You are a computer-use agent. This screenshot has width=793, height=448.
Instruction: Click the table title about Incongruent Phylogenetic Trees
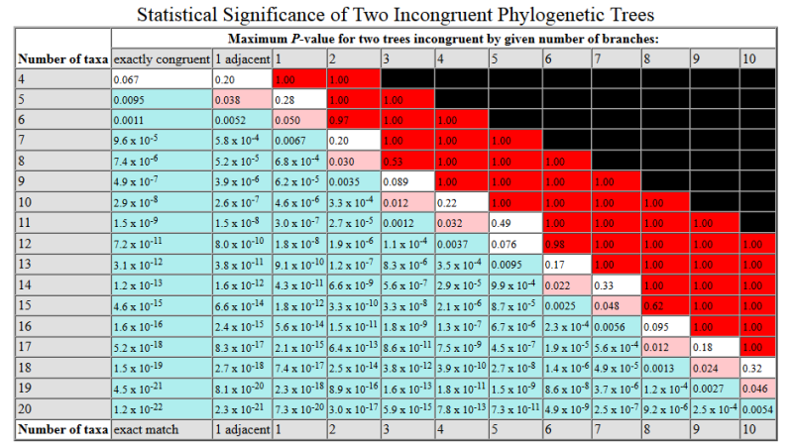click(396, 15)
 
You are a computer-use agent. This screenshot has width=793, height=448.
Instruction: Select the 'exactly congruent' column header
click(162, 58)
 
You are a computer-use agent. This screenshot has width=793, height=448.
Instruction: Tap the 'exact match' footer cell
click(162, 429)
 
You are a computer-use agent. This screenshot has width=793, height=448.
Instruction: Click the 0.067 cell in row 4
click(162, 79)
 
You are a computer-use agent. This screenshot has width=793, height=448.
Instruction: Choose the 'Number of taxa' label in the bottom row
click(63, 429)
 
